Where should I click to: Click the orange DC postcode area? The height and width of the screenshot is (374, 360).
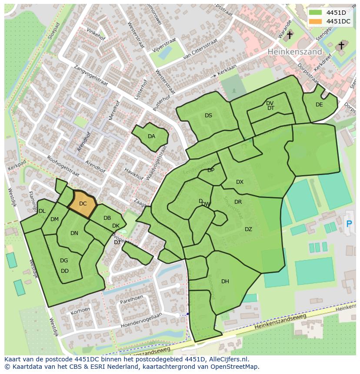(82, 204)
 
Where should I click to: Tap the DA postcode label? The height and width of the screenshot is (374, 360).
(151, 136)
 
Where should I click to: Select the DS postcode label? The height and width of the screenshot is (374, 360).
(208, 116)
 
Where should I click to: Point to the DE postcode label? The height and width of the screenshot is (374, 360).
(319, 105)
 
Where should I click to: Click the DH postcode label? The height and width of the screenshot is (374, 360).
(225, 281)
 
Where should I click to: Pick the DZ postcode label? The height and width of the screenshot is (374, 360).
(248, 229)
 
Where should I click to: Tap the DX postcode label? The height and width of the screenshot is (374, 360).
(240, 182)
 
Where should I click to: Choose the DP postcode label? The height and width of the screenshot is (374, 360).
(211, 170)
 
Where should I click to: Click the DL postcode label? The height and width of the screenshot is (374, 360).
(42, 211)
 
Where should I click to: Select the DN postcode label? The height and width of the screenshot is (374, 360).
(74, 233)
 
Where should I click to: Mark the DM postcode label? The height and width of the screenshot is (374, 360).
(54, 219)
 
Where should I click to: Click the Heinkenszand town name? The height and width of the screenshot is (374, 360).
(295, 52)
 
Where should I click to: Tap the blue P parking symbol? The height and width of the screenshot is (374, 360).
(349, 224)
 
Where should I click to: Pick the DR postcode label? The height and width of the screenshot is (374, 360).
(238, 202)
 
